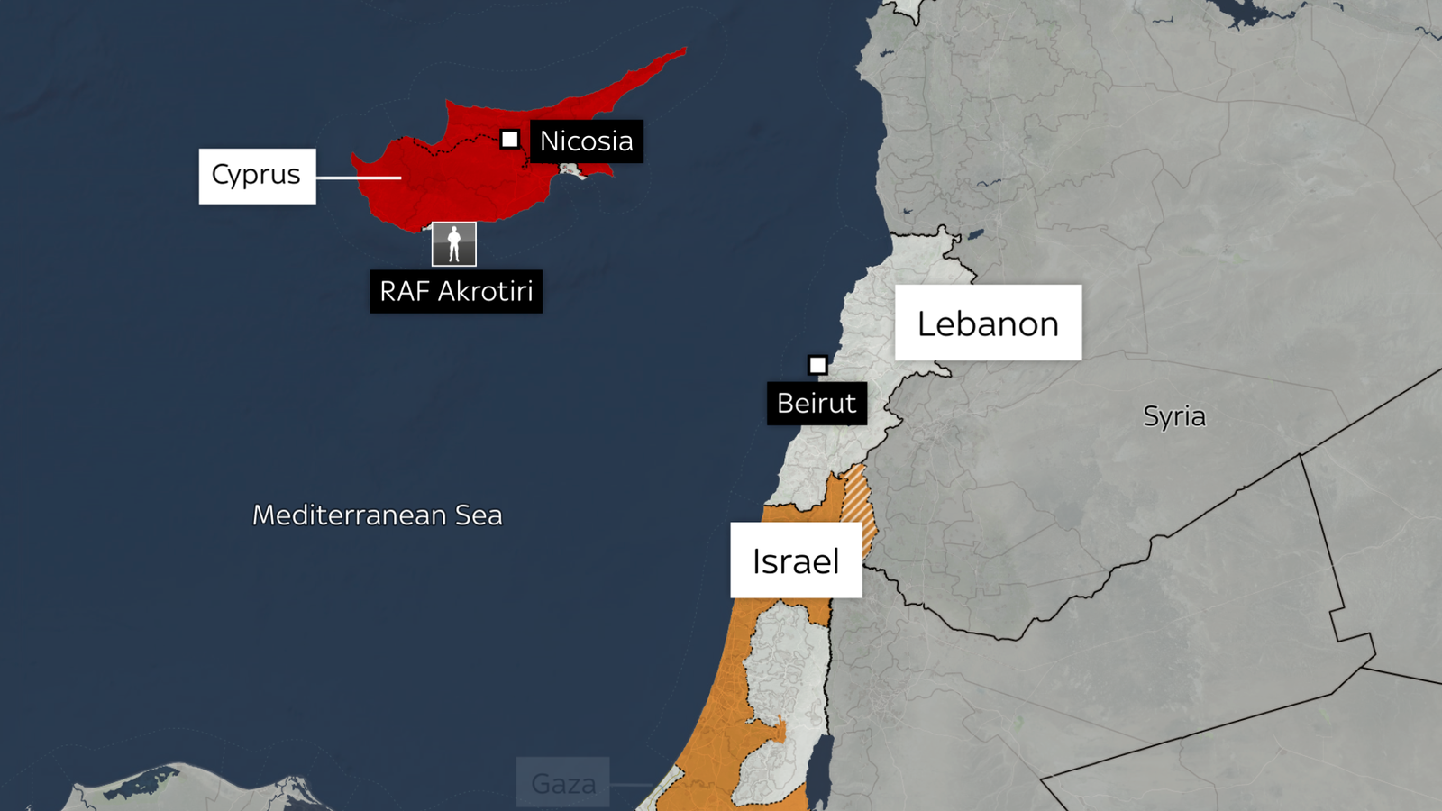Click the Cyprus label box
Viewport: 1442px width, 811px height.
point(257,176)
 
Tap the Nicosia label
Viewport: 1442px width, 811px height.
point(586,141)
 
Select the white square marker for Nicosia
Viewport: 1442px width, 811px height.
point(510,139)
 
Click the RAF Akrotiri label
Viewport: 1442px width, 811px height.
point(456,291)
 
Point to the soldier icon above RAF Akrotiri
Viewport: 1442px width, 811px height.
point(454,244)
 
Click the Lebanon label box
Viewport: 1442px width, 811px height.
point(988,323)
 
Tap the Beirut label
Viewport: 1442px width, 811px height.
point(817,403)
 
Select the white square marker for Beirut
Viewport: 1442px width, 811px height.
point(817,365)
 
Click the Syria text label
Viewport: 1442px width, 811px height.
point(1173,416)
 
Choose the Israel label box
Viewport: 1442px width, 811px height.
point(796,560)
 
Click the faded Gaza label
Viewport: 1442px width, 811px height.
point(563,783)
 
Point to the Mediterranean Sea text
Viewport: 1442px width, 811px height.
point(377,515)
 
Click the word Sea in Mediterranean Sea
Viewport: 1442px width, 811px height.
point(479,515)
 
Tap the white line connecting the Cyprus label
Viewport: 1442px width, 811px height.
point(358,178)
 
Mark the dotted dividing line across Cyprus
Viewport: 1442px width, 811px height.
point(451,147)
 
